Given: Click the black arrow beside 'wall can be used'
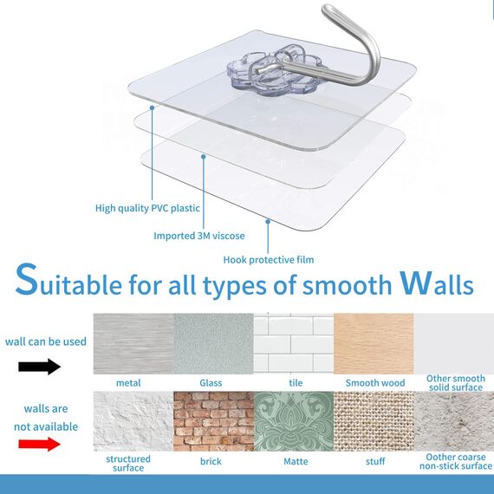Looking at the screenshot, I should (40, 366).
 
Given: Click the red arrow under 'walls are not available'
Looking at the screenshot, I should (40, 444).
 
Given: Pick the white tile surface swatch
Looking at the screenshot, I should (293, 343).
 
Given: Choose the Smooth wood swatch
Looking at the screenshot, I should (374, 343).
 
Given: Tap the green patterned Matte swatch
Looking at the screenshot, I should (293, 421).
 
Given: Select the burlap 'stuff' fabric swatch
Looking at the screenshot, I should (374, 421).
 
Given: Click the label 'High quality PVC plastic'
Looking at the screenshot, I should (147, 208).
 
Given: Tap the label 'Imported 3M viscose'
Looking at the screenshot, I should (199, 236).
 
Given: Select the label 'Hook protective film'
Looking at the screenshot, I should (269, 259).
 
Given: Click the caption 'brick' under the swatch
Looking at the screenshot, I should (211, 461).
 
